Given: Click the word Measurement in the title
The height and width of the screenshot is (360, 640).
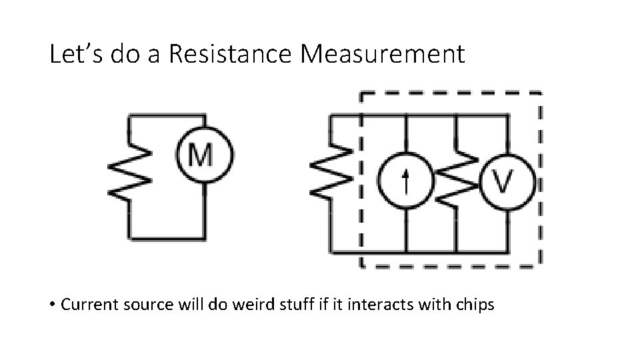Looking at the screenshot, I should [383, 55].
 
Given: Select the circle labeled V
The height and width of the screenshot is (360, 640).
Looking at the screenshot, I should [507, 180].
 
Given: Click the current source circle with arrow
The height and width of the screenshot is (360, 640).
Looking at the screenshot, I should [405, 180].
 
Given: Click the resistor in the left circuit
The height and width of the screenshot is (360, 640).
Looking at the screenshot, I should [131, 171].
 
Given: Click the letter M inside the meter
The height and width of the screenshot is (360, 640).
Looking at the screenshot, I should [203, 155].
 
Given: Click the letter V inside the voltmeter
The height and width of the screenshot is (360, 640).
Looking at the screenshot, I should [507, 180].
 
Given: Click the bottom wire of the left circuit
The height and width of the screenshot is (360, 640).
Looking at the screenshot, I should [167, 237].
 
